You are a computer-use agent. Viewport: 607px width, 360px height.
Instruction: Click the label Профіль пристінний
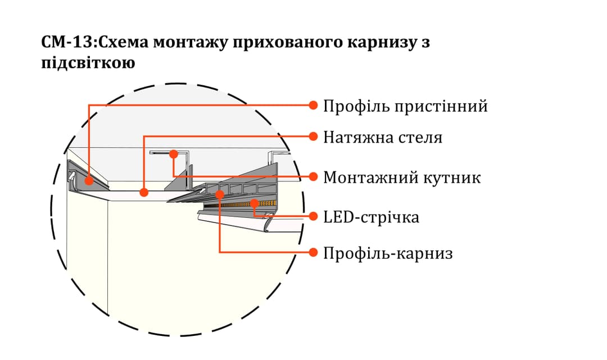pos(405,106)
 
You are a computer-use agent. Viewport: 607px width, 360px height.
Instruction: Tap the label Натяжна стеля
pos(382,137)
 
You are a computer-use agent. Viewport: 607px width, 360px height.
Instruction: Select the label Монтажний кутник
pos(402,177)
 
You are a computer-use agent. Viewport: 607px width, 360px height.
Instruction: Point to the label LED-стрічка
pos(371,217)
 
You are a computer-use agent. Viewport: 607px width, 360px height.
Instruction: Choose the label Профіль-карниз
pos(388,253)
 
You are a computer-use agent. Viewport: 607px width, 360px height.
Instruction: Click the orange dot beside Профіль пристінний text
pos(314,105)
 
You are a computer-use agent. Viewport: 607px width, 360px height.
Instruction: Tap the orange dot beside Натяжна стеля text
pos(314,136)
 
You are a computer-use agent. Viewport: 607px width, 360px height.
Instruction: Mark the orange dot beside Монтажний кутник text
pos(314,177)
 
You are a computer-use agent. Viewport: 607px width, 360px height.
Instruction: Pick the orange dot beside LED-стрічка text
pos(314,216)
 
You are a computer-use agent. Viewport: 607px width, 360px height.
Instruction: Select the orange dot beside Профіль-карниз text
pos(314,253)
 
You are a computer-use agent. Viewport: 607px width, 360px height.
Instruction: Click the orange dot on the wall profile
pos(89,181)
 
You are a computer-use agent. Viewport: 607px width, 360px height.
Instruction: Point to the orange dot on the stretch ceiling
pos(144,192)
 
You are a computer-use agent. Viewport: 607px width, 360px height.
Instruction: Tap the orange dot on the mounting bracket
pos(174,153)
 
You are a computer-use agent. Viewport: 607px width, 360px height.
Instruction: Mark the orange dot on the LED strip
pos(254,203)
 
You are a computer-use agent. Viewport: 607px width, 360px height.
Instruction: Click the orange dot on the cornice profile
pos(220,194)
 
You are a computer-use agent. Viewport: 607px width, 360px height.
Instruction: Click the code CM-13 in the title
pos(61,43)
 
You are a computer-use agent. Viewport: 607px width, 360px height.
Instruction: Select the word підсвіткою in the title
pos(88,63)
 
